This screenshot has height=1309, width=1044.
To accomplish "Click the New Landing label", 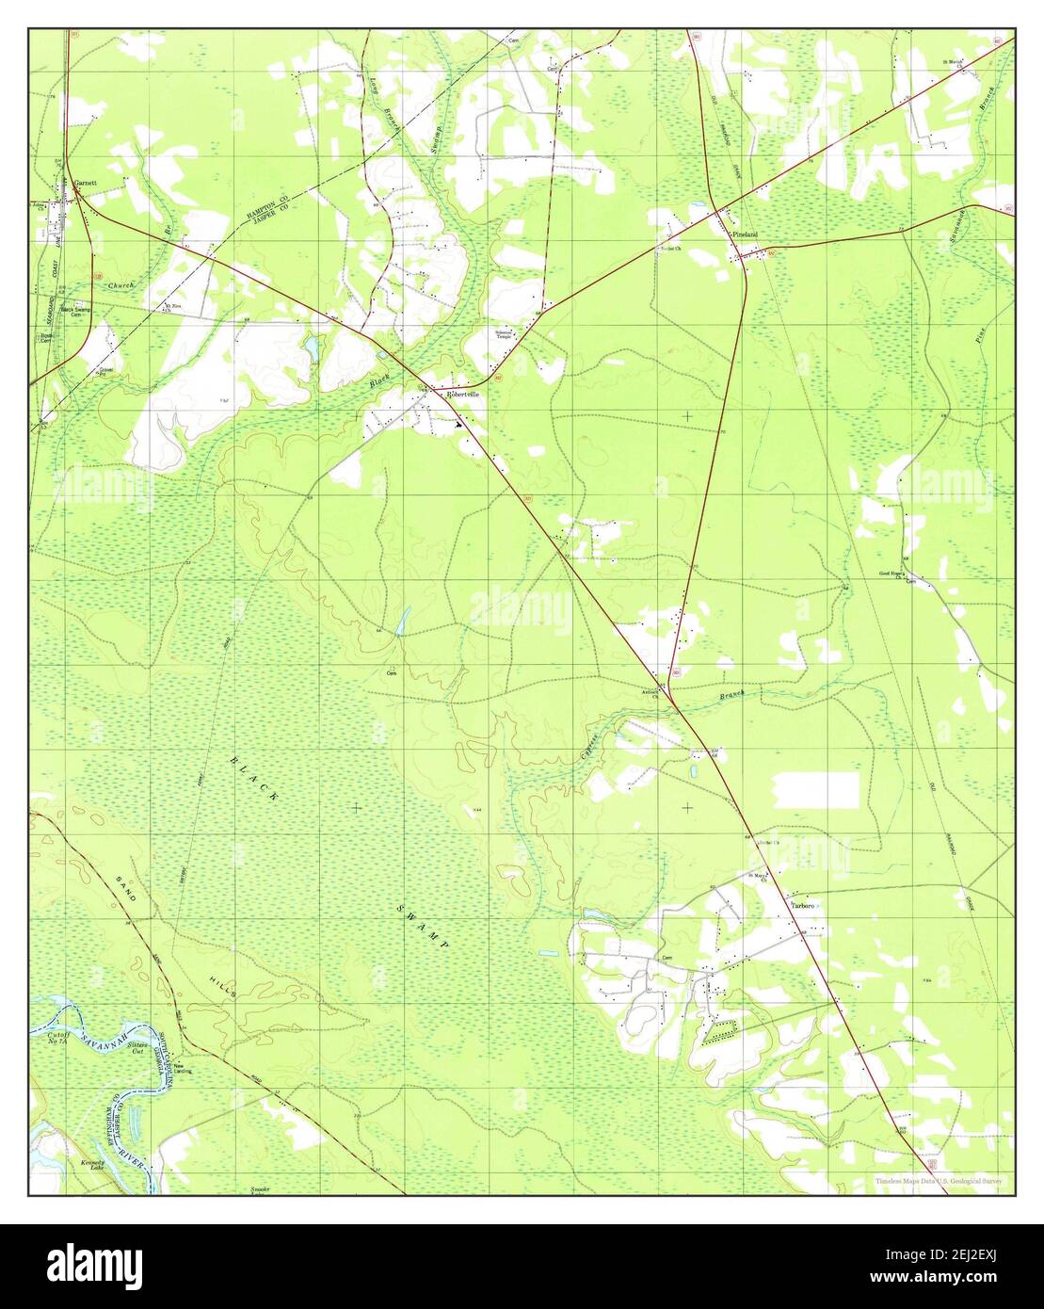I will [x=183, y=1069].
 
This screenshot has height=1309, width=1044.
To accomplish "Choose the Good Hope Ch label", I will [x=892, y=574].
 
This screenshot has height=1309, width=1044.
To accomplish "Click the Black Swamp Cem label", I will [x=79, y=312].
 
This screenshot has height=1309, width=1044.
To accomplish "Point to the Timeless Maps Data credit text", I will [x=938, y=1181].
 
